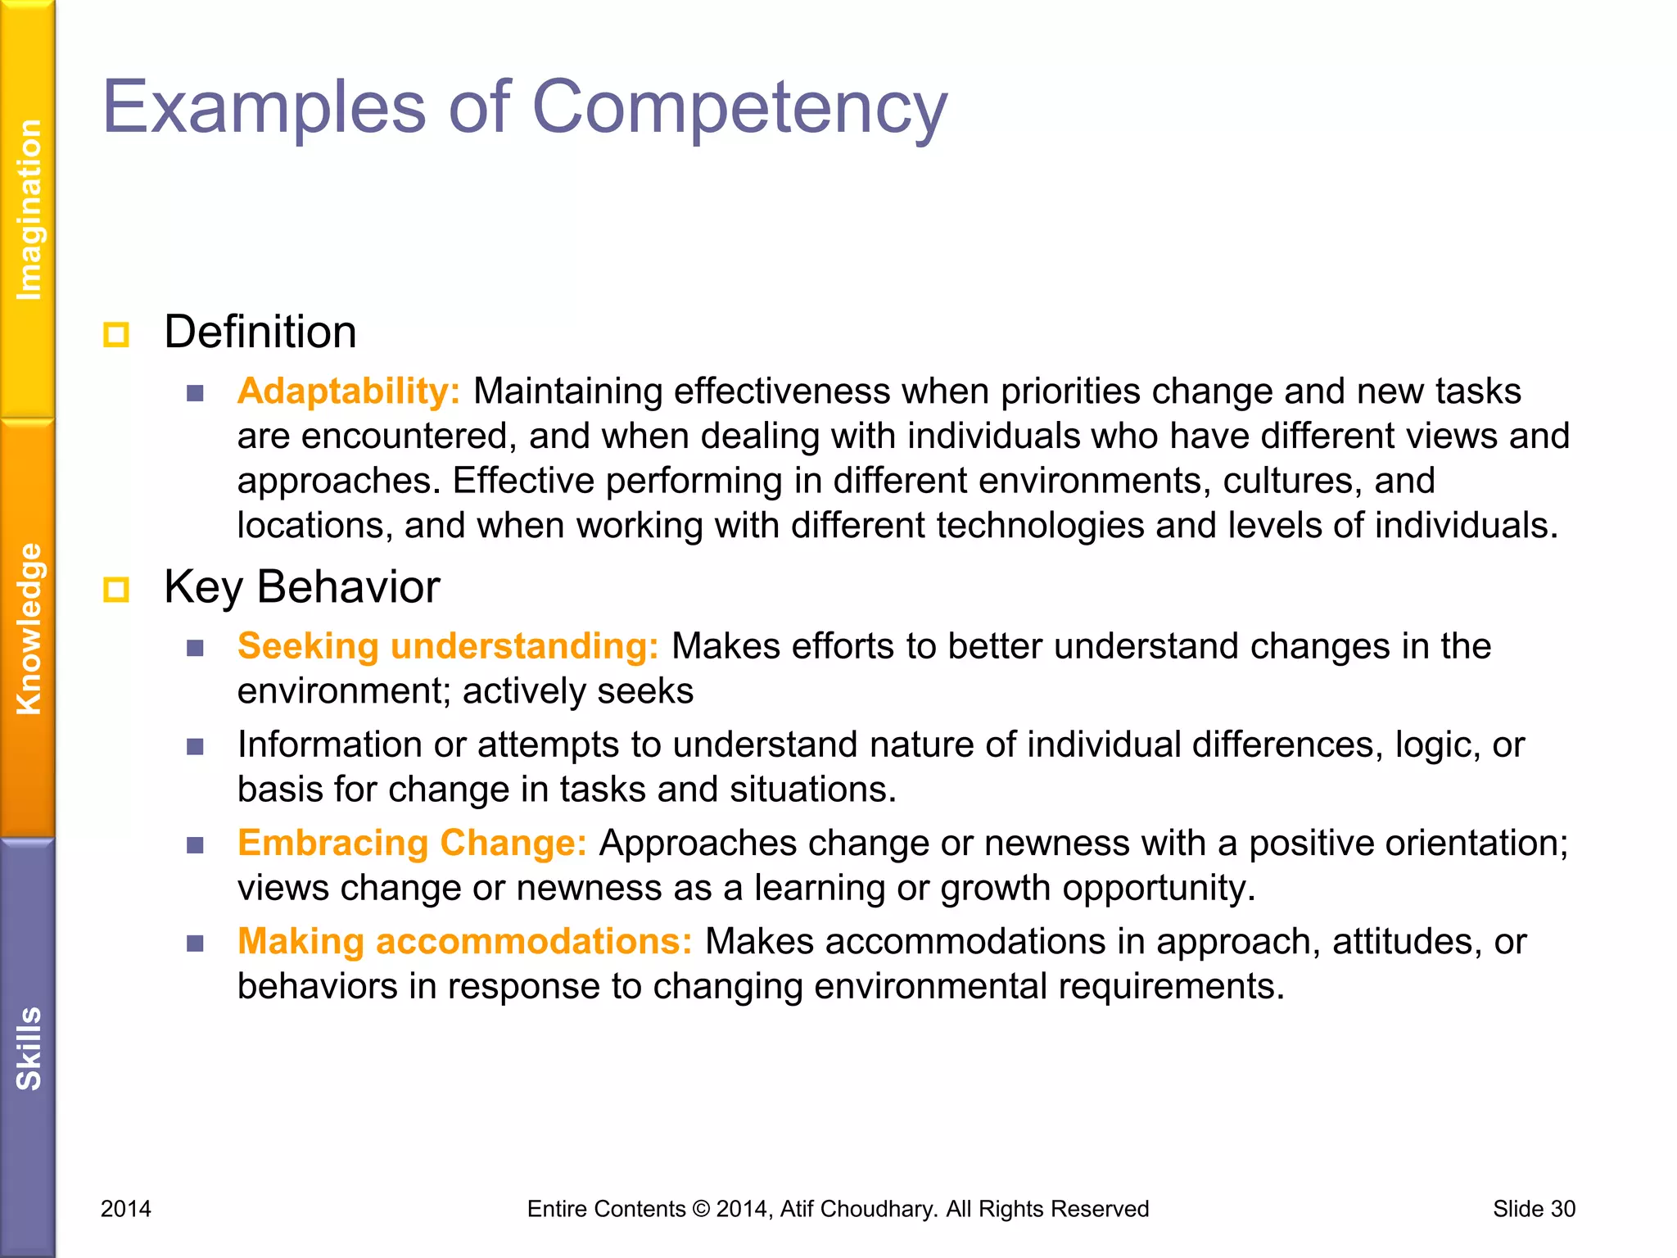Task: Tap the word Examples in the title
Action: (264, 109)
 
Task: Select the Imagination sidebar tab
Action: (29, 210)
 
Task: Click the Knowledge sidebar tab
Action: (29, 629)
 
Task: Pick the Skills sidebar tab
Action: (29, 1048)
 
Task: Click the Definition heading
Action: (260, 333)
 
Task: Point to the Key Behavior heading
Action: (301, 587)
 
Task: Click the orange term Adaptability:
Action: (349, 391)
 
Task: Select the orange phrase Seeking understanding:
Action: (448, 646)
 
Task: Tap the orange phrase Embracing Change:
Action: (412, 843)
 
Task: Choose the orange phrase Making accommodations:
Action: (464, 941)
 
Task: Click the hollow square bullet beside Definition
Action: (116, 334)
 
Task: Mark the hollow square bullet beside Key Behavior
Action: (116, 589)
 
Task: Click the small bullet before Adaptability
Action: (195, 393)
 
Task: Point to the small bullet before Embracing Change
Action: (195, 845)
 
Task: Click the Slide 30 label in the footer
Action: (1534, 1209)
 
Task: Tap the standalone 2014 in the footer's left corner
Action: (126, 1209)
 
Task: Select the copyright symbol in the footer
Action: (701, 1209)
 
